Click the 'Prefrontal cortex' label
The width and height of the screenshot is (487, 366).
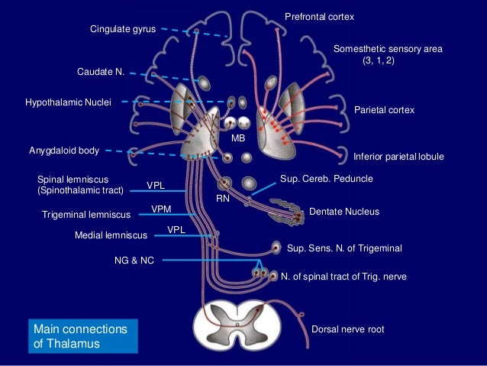pyautogui.click(x=319, y=17)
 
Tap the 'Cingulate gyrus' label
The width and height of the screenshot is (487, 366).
pyautogui.click(x=123, y=29)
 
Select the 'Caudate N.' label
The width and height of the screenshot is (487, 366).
pyautogui.click(x=100, y=71)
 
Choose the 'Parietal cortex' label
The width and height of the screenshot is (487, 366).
pyautogui.click(x=385, y=111)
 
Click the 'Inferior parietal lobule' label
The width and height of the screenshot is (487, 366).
pyautogui.click(x=398, y=157)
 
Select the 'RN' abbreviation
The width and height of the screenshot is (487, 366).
pyautogui.click(x=222, y=197)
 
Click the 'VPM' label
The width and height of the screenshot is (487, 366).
pyautogui.click(x=160, y=209)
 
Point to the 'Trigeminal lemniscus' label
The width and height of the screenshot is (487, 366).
pyautogui.click(x=85, y=215)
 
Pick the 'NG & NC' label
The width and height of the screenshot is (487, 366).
pyautogui.click(x=134, y=261)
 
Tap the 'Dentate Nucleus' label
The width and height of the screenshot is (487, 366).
pyautogui.click(x=343, y=212)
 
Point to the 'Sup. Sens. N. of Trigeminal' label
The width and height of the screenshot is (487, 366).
pyautogui.click(x=343, y=248)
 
